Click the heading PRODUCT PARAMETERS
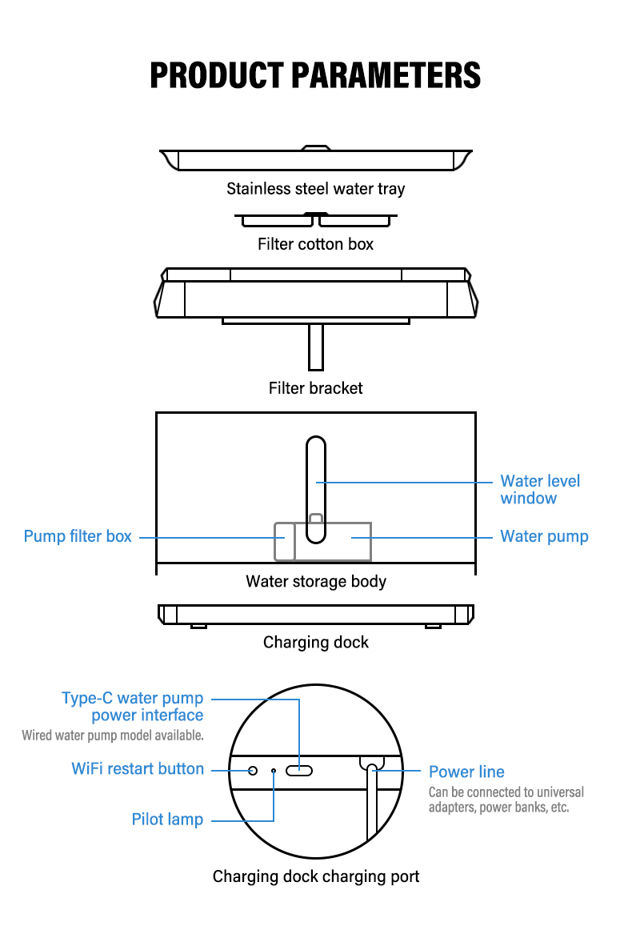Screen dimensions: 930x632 pyautogui.click(x=315, y=74)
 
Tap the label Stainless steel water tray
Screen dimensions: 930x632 pyautogui.click(x=315, y=190)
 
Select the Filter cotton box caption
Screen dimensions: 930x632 pyautogui.click(x=315, y=244)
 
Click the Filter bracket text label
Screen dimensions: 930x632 pyautogui.click(x=315, y=388)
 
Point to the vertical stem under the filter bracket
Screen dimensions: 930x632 pyautogui.click(x=316, y=346)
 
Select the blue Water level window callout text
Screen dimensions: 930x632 pyautogui.click(x=540, y=490)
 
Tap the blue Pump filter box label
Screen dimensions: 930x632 pyautogui.click(x=78, y=536)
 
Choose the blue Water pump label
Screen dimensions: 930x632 pyautogui.click(x=544, y=536)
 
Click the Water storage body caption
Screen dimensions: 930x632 pyautogui.click(x=315, y=582)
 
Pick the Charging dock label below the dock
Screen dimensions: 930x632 pyautogui.click(x=315, y=642)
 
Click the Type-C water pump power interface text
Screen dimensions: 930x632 pyautogui.click(x=133, y=707)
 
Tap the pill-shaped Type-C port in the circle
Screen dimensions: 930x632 pyautogui.click(x=300, y=770)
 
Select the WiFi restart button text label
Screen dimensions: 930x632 pyautogui.click(x=138, y=769)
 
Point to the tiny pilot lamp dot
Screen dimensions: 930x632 pyautogui.click(x=274, y=770)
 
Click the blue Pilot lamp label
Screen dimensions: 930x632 pyautogui.click(x=167, y=820)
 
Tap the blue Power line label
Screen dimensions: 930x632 pyautogui.click(x=466, y=772)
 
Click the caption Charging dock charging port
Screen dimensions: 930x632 pyautogui.click(x=315, y=876)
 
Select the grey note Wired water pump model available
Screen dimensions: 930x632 pyautogui.click(x=113, y=735)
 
